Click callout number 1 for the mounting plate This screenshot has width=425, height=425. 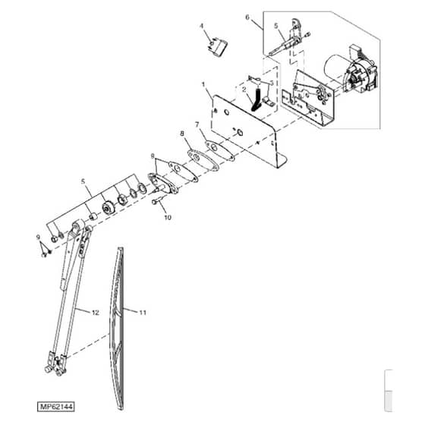point(203,84)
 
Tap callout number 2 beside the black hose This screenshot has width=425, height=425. point(244,90)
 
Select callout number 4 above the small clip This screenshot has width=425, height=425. point(201,26)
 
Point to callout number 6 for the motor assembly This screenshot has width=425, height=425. point(247,17)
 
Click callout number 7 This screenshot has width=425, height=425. point(197,124)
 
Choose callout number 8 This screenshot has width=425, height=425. point(182,134)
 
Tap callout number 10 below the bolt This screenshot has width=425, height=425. point(168,217)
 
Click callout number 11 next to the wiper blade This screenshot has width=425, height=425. point(143,313)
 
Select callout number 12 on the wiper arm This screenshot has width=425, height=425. point(96,313)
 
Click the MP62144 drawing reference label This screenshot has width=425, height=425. point(56,407)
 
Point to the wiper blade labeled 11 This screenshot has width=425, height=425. point(117,328)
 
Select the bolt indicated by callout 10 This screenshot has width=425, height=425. point(157,201)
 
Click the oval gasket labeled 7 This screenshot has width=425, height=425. point(219,150)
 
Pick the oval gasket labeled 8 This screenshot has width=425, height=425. point(203,160)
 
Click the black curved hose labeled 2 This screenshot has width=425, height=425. point(257,98)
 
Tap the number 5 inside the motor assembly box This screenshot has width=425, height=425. point(276,26)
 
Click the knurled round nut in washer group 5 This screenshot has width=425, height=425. point(109,208)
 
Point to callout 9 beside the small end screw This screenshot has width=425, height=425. point(38,237)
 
